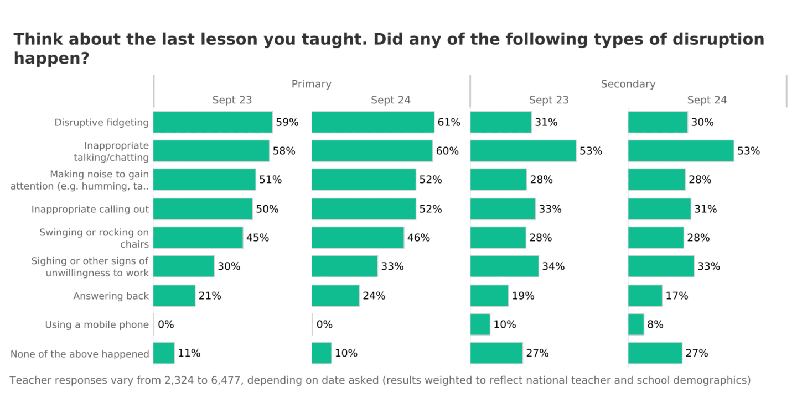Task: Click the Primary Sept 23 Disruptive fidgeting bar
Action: tap(213, 122)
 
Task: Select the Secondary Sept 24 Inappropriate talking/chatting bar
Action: tap(681, 151)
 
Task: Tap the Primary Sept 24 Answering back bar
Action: tap(335, 296)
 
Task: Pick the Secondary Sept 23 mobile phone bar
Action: tap(480, 324)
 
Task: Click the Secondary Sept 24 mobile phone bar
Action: tap(636, 324)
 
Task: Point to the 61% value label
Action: tap(449, 122)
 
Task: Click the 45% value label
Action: tap(257, 238)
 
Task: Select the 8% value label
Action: tap(655, 324)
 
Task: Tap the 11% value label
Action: tap(189, 353)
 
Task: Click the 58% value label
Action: tap(283, 151)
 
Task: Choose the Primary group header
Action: tap(311, 84)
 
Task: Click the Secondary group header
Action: tap(628, 84)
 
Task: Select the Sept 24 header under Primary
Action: tap(391, 100)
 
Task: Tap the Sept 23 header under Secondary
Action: tap(548, 100)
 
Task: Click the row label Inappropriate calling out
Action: tap(90, 209)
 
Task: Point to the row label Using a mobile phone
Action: tap(97, 324)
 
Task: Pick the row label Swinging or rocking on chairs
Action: tap(94, 238)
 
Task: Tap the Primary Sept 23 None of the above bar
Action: tap(164, 353)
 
